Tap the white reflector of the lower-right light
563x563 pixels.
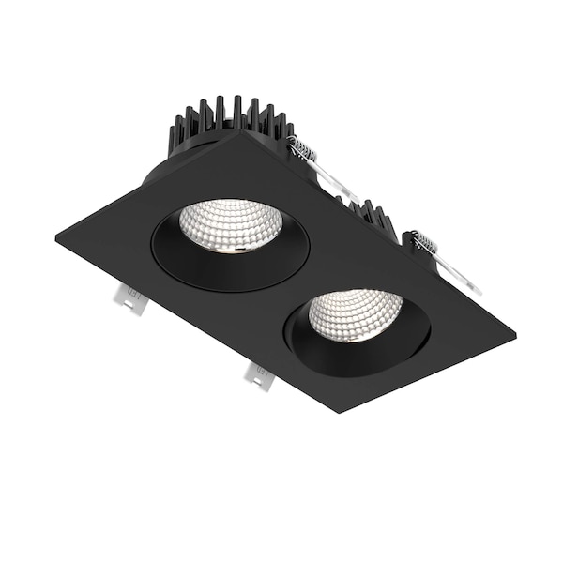(x=355, y=312)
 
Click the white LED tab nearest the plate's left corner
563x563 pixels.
(x=129, y=299)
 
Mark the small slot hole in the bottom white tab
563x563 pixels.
(x=260, y=378)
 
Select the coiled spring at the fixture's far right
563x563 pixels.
(x=425, y=244)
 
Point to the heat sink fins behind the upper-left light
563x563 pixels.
(x=225, y=120)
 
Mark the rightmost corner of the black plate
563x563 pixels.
(x=513, y=336)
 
